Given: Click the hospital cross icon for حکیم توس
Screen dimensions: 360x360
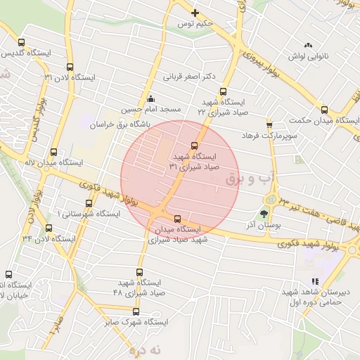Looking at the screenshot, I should pyautogui.click(x=195, y=13).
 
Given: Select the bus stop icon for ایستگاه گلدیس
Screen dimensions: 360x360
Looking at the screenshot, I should pyautogui.click(x=21, y=42).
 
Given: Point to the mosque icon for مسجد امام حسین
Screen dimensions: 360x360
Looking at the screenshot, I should pyautogui.click(x=151, y=98).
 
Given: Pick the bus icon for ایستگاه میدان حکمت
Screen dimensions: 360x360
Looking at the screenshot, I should pyautogui.click(x=324, y=109).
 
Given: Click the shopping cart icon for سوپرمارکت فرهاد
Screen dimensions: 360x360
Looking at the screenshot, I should pyautogui.click(x=269, y=124).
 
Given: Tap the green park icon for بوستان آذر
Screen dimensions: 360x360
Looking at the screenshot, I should pyautogui.click(x=264, y=214).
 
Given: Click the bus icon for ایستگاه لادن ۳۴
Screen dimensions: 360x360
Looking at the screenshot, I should pyautogui.click(x=49, y=227).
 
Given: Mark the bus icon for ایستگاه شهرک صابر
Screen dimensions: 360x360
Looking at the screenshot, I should pyautogui.click(x=136, y=311).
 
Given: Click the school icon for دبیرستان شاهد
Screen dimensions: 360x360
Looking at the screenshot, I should pyautogui.click(x=314, y=282).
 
